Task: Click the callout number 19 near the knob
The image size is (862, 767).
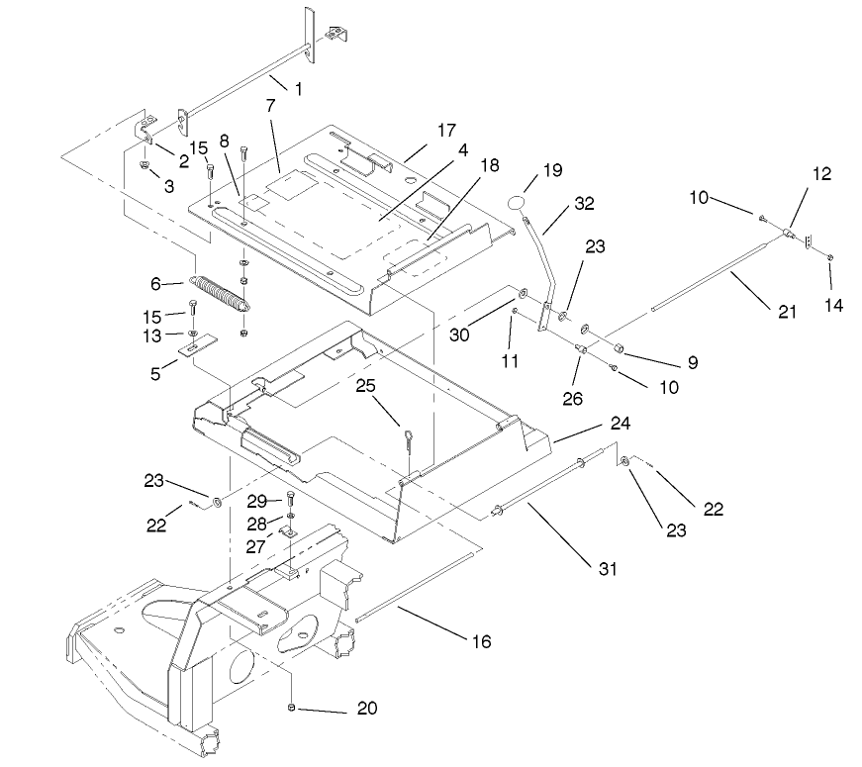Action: tap(551, 170)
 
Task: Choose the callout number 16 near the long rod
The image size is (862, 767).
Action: tap(480, 640)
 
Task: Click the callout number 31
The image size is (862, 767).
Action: tap(607, 568)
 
